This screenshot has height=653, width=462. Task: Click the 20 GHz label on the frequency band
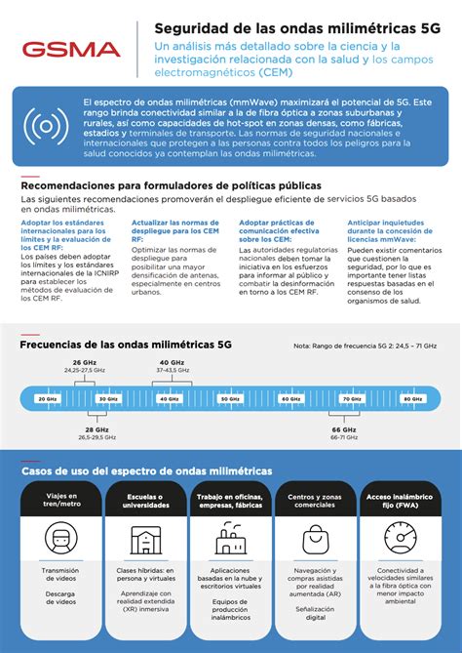(47, 399)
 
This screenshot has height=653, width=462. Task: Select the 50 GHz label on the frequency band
(229, 399)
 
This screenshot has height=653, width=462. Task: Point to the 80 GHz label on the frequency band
(412, 399)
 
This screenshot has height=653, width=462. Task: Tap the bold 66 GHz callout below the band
(344, 429)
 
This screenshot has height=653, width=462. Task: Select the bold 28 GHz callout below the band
(96, 429)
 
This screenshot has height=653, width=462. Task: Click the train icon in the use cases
(60, 537)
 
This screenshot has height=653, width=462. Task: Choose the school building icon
(146, 538)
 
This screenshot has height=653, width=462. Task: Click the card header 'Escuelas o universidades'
(146, 501)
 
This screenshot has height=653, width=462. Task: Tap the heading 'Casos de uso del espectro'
(147, 470)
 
